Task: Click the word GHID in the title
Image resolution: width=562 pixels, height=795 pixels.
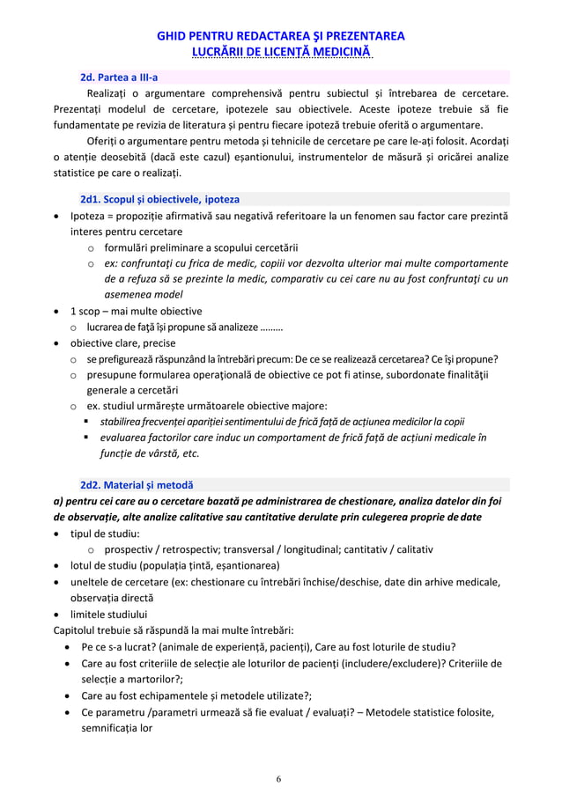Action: click(171, 36)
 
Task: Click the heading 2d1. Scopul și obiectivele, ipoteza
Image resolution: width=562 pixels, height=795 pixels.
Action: click(159, 199)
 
